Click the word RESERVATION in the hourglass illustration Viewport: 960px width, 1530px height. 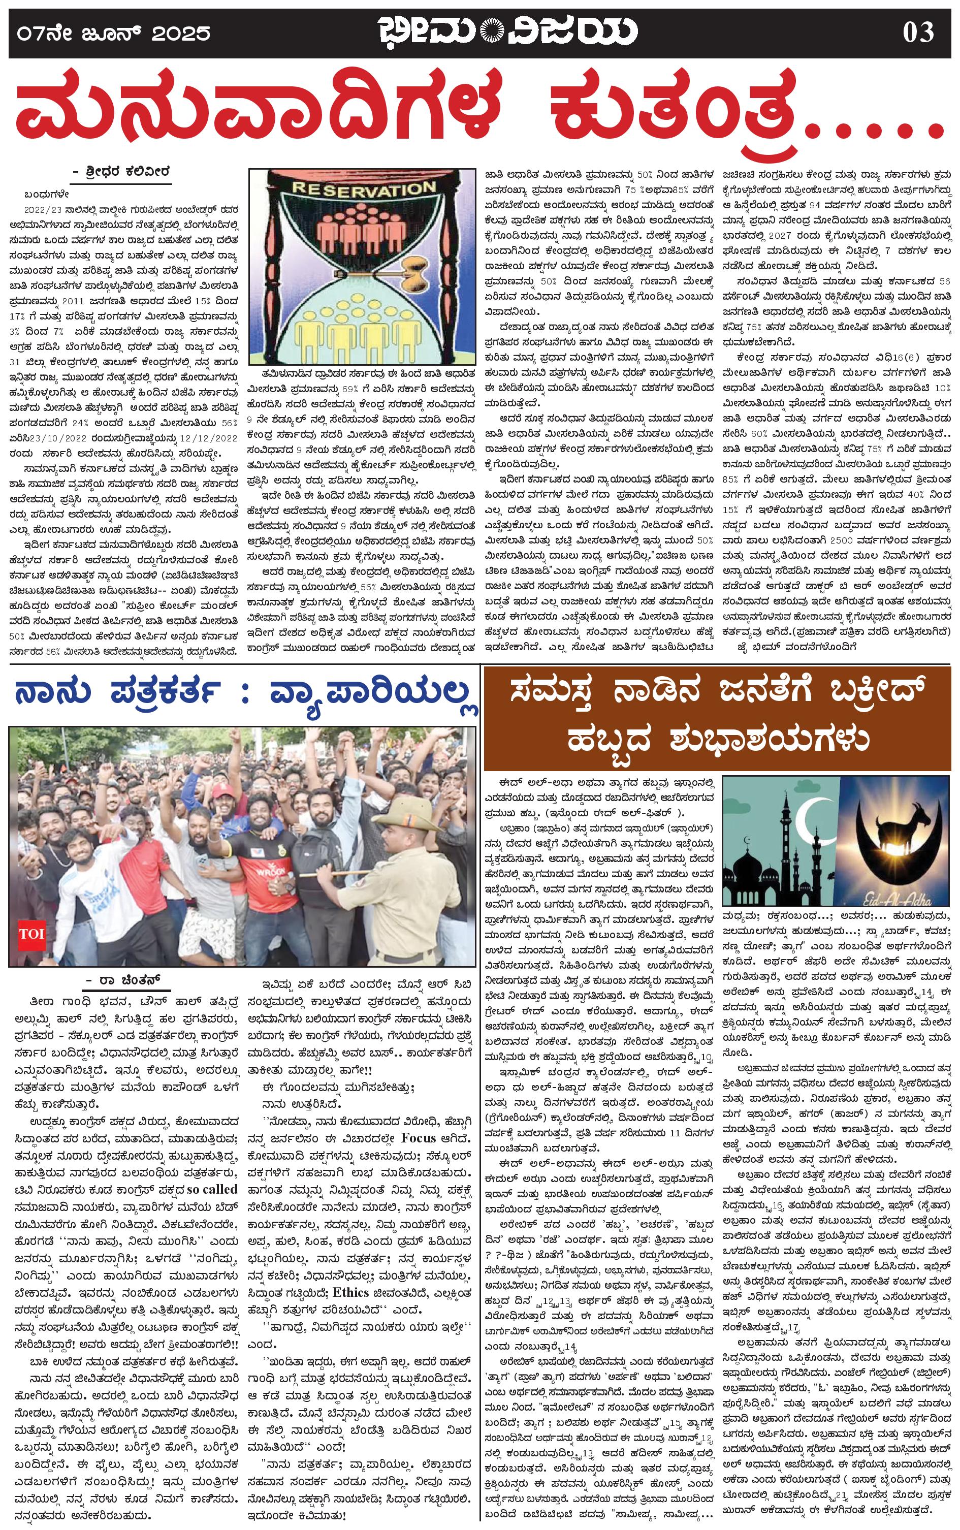point(363,188)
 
